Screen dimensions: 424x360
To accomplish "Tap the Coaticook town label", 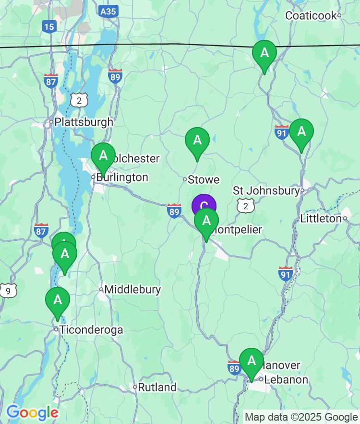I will point(311,15).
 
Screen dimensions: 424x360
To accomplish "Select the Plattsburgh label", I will point(84,122).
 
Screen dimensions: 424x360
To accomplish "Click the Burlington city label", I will point(122,177).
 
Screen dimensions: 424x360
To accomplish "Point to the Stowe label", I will point(203,180).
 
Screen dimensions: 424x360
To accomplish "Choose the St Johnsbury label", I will point(266,191).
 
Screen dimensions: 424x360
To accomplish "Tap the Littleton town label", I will point(320,219).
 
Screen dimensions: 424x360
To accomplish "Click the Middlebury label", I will point(132,289).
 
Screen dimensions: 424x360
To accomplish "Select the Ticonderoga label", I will point(91,330).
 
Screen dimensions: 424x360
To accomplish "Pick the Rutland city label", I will point(157,387).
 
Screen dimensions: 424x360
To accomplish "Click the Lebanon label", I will point(286,379).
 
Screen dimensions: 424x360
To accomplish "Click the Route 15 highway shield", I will point(49,26).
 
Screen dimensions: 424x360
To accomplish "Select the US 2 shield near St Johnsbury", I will point(246,206).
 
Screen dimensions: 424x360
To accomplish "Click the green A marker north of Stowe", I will point(197,141).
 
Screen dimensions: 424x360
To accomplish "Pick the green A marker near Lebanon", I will point(252,361).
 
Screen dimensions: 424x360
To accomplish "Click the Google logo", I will point(32,412).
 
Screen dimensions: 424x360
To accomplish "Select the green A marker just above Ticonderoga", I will point(58,300).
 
